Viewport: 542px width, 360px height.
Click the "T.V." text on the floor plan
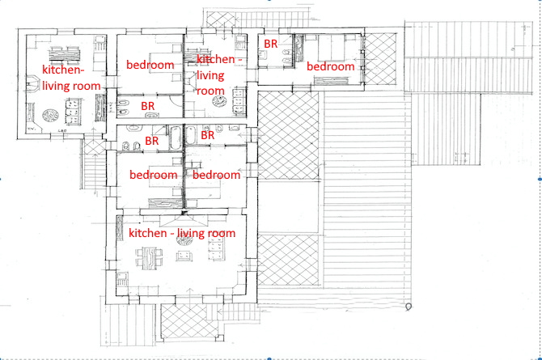pyautogui.click(x=32, y=129)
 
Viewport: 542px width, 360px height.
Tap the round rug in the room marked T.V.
pyautogui.click(x=50, y=115)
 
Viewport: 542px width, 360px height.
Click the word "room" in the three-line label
pyautogui.click(x=210, y=91)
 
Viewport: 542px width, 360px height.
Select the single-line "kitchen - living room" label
pyautogui.click(x=182, y=233)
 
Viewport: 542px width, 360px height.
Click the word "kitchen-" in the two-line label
pyautogui.click(x=63, y=70)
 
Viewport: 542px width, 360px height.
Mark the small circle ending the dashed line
pyautogui.click(x=409, y=307)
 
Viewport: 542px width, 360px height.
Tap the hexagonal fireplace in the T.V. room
pyautogui.click(x=33, y=84)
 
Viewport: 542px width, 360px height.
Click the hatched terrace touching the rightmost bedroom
pyautogui.click(x=381, y=59)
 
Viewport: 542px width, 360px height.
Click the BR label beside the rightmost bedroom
pyautogui.click(x=271, y=44)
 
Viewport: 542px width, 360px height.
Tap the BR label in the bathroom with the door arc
pyautogui.click(x=148, y=106)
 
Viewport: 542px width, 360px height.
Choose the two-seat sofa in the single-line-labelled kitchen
pyautogui.click(x=184, y=256)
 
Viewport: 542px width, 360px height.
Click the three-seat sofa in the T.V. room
pyautogui.click(x=74, y=112)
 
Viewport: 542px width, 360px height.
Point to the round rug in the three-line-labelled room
pyautogui.click(x=219, y=101)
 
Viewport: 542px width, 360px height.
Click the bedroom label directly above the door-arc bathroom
pyautogui.click(x=150, y=65)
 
